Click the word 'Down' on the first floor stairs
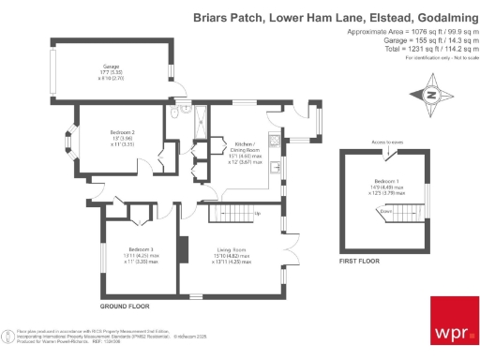[385, 211]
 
